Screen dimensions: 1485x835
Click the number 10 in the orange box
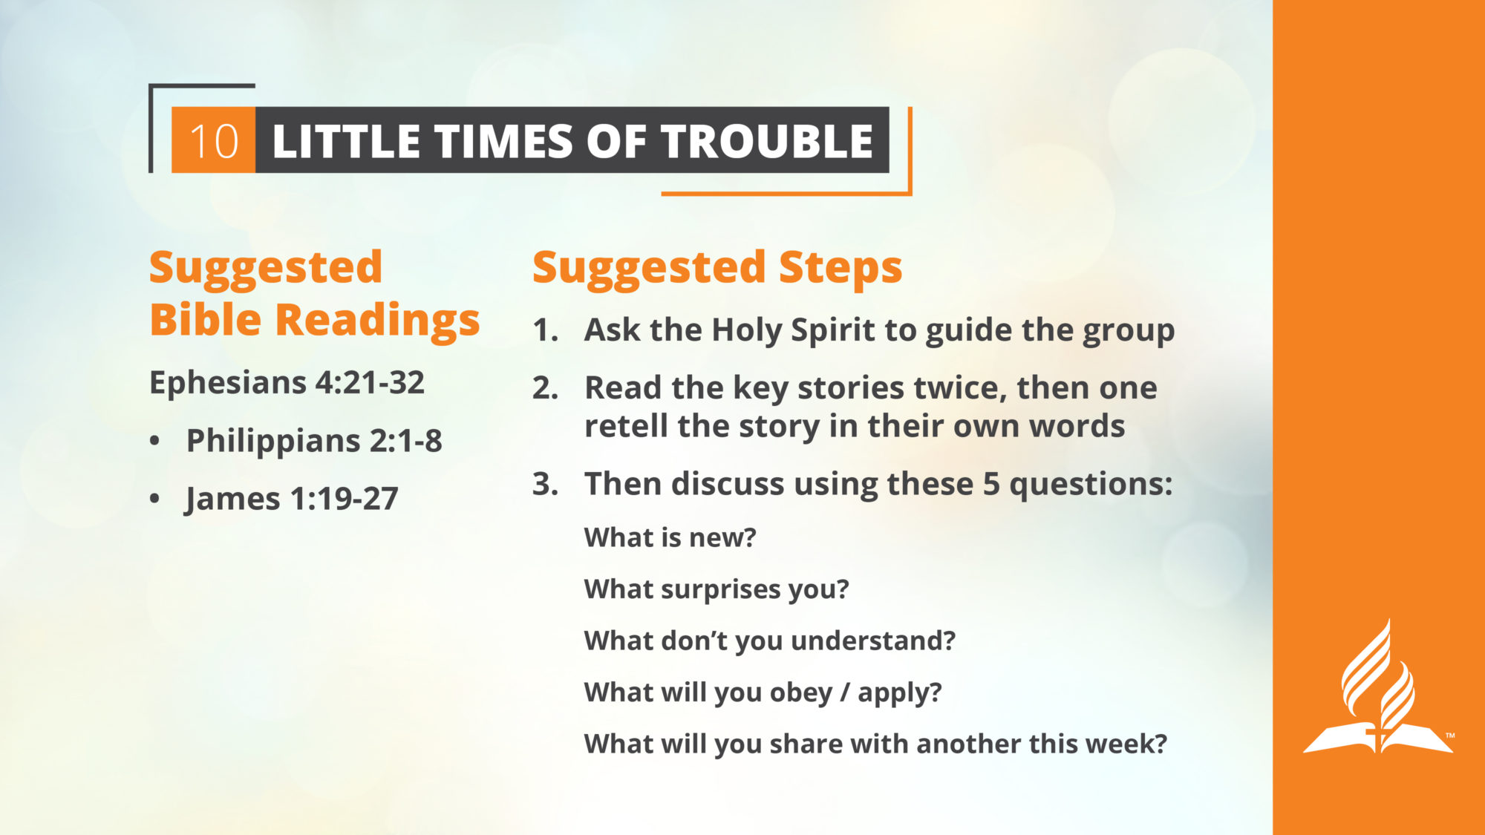click(214, 141)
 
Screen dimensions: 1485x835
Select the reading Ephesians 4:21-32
click(287, 383)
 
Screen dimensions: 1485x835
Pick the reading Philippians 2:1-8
click(314, 441)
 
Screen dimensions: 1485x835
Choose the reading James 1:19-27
click(292, 499)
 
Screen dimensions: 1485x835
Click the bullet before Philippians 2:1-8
click(154, 441)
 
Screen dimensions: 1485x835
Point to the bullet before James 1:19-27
click(154, 499)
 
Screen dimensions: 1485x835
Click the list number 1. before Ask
click(545, 330)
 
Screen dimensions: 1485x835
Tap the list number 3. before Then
click(545, 484)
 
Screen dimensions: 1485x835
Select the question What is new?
click(670, 537)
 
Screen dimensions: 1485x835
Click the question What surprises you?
click(717, 589)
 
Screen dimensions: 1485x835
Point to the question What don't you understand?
click(770, 641)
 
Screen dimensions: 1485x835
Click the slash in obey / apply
click(845, 692)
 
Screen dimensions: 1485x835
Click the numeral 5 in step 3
click(991, 485)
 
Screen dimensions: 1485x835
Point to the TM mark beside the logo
click(1449, 736)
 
